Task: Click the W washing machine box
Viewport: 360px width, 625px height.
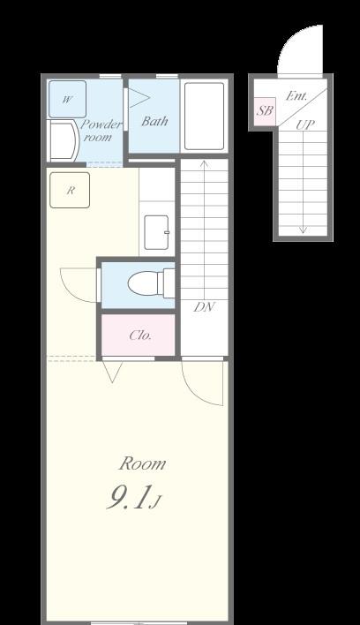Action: click(67, 99)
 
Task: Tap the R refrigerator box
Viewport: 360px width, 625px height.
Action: click(70, 190)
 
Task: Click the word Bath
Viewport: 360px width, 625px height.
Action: click(154, 121)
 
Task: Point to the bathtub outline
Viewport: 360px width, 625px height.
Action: click(205, 116)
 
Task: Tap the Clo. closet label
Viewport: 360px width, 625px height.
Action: click(140, 335)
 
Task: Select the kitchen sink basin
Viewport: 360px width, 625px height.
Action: click(156, 232)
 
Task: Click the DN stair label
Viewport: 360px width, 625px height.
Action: click(205, 307)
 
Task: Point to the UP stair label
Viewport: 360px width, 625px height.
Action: click(305, 125)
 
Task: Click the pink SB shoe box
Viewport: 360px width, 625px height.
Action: click(265, 111)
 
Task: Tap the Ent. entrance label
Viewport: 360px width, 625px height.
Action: click(296, 96)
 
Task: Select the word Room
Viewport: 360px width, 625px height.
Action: click(143, 463)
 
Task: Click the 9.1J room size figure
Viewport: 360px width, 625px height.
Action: click(133, 498)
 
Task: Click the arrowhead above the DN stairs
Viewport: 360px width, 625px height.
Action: click(205, 163)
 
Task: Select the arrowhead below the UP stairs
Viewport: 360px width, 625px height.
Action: click(304, 230)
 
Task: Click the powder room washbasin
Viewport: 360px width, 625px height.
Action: click(63, 141)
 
